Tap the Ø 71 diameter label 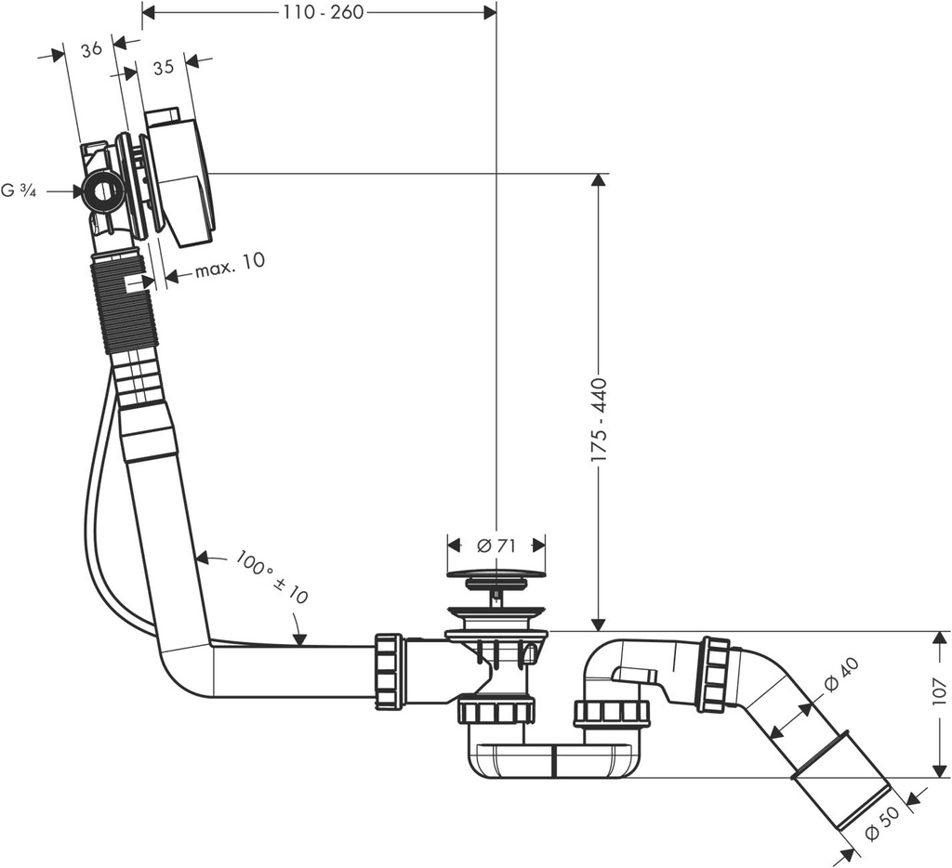click(x=496, y=546)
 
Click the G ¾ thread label click(x=19, y=191)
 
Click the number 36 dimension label click(x=91, y=50)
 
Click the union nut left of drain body click(x=389, y=671)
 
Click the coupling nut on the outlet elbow click(x=714, y=674)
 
